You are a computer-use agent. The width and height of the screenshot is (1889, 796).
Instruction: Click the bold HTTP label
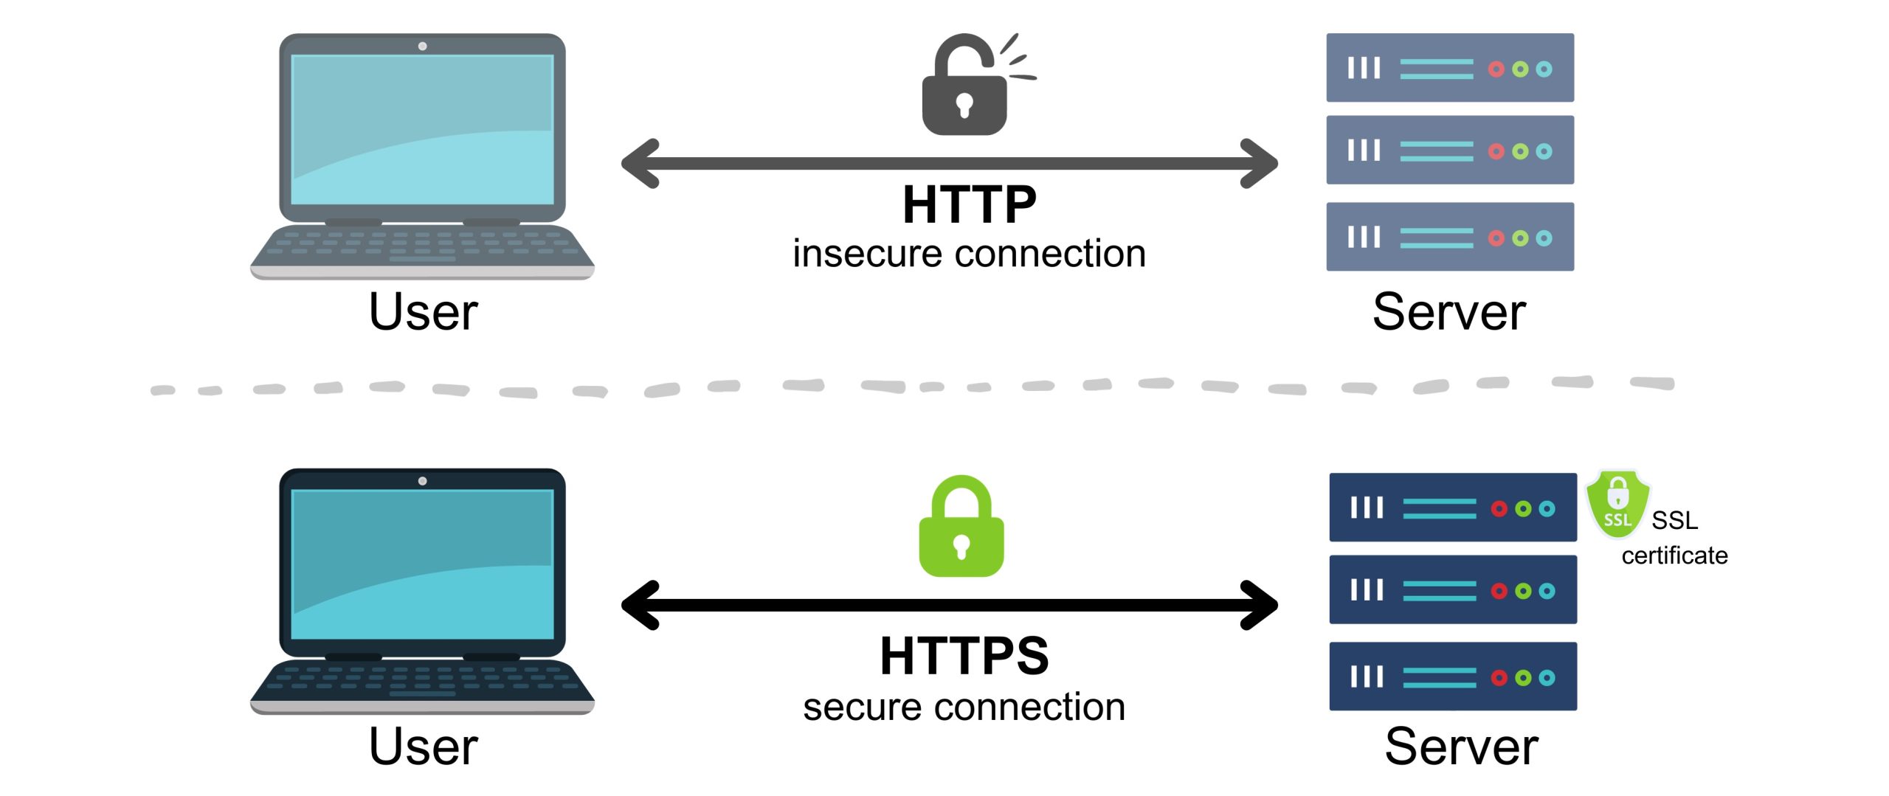[x=969, y=205]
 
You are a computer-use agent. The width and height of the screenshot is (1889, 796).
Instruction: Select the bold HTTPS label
[x=964, y=656]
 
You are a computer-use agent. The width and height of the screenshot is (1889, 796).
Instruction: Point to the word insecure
[x=869, y=255]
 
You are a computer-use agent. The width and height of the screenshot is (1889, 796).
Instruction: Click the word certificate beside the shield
[x=1674, y=556]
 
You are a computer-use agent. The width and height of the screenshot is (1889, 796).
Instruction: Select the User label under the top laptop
[x=423, y=313]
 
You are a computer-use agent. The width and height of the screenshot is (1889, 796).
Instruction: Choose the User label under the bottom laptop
[x=423, y=747]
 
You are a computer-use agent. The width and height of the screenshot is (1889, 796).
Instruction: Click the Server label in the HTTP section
[x=1448, y=313]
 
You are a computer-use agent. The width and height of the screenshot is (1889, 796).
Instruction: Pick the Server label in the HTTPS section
[x=1461, y=747]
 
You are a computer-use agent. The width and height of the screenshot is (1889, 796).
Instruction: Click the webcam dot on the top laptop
[x=422, y=46]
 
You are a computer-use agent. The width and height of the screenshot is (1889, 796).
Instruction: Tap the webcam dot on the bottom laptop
[x=422, y=481]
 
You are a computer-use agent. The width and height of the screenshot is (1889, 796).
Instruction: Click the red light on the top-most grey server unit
[x=1496, y=69]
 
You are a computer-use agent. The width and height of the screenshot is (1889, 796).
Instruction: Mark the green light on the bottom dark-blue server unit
[x=1523, y=678]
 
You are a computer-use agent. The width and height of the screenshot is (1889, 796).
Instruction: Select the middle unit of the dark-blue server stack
[x=1452, y=589]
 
